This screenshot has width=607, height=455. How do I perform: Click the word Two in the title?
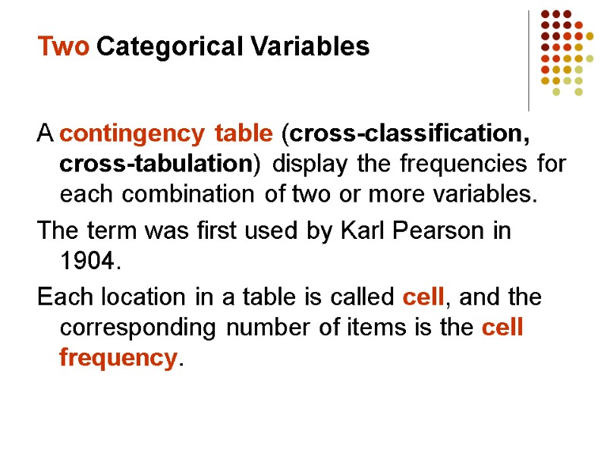(64, 47)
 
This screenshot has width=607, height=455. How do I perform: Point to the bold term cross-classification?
(410, 135)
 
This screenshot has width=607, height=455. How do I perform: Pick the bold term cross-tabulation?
(155, 164)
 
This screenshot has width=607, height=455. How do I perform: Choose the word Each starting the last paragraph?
(68, 297)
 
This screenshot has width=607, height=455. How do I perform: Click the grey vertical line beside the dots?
(529, 61)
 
